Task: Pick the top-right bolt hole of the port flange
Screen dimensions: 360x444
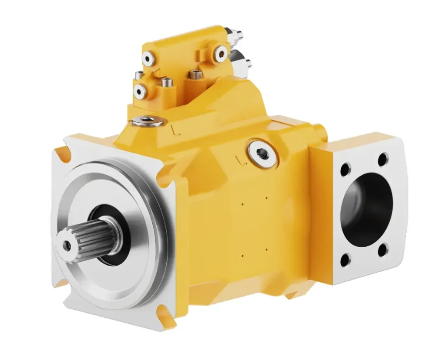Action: [x=383, y=160]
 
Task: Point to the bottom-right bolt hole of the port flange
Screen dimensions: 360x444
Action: [x=382, y=250]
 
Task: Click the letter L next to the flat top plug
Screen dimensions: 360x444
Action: [x=174, y=129]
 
